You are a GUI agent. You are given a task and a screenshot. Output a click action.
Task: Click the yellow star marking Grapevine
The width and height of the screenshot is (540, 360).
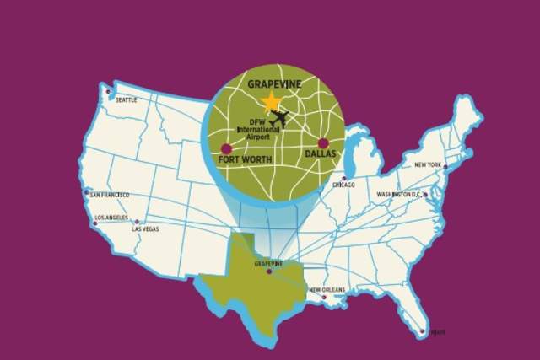(x=272, y=103)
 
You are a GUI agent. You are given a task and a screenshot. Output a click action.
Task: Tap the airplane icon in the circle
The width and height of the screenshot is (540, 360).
(x=278, y=118)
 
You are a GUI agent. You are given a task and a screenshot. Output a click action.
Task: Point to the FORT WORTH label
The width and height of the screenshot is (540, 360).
(x=244, y=159)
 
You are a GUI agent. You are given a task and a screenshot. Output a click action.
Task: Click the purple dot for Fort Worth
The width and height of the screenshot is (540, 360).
(x=226, y=149)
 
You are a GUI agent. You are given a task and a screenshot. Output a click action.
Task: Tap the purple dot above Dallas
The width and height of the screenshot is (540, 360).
(x=323, y=143)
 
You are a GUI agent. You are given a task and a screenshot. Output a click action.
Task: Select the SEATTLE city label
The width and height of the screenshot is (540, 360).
(x=126, y=99)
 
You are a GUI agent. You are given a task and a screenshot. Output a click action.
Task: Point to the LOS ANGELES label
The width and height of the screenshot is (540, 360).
(x=111, y=217)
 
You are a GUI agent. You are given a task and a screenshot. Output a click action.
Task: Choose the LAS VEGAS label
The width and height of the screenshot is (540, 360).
(x=144, y=228)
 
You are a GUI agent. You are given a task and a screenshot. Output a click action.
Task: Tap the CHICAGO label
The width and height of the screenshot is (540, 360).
(x=343, y=185)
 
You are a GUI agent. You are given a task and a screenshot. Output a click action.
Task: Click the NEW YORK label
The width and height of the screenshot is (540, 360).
(x=428, y=164)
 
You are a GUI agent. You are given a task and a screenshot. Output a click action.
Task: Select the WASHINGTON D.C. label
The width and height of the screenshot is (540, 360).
(x=398, y=195)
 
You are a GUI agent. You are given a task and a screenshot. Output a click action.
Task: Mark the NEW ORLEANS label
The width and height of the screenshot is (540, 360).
(x=327, y=290)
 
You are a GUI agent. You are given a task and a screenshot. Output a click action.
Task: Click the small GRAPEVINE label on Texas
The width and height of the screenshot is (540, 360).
(x=269, y=264)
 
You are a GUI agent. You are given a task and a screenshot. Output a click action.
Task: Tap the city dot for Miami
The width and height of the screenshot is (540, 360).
(x=422, y=331)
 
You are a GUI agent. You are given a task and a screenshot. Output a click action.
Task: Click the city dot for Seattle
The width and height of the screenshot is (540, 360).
(x=107, y=91)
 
